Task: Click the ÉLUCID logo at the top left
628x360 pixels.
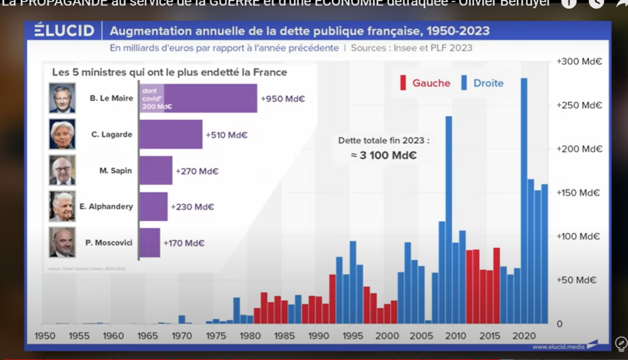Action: (64, 31)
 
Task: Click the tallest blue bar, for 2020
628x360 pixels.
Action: (524, 201)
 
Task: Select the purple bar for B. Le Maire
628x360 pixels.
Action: (198, 98)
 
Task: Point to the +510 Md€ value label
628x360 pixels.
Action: (227, 135)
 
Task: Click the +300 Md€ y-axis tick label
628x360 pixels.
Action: (579, 62)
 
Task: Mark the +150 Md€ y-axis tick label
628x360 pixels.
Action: (579, 193)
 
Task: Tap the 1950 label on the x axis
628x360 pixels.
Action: (45, 336)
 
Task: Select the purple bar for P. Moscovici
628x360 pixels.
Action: (149, 243)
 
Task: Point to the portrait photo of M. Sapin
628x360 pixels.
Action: (62, 170)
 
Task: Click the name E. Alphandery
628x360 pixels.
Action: (106, 207)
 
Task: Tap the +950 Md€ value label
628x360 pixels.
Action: (284, 99)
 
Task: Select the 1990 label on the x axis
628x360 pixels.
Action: (318, 336)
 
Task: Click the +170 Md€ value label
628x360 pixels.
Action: (184, 243)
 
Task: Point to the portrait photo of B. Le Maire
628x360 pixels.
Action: (62, 98)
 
